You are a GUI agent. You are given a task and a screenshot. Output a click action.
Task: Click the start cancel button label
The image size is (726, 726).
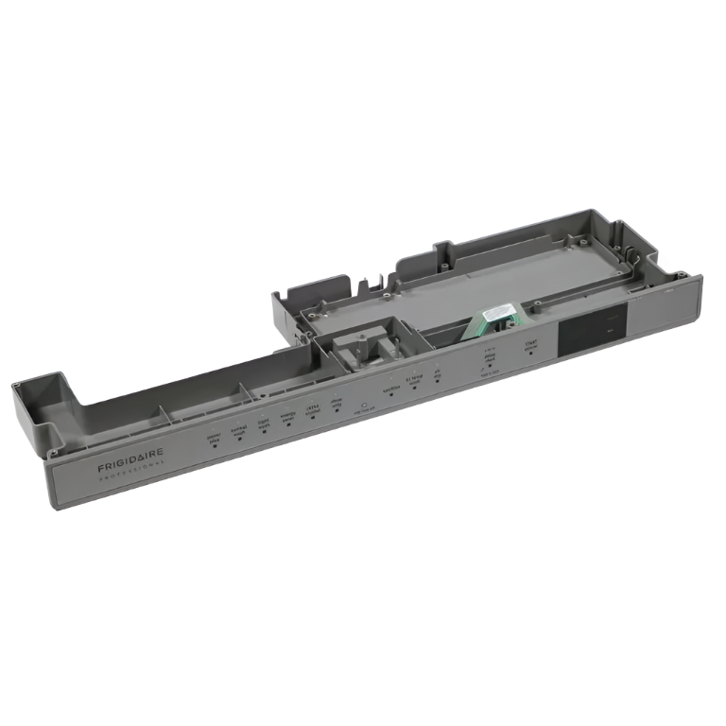(533, 347)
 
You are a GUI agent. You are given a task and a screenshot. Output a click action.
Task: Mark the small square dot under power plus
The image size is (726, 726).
(215, 443)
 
